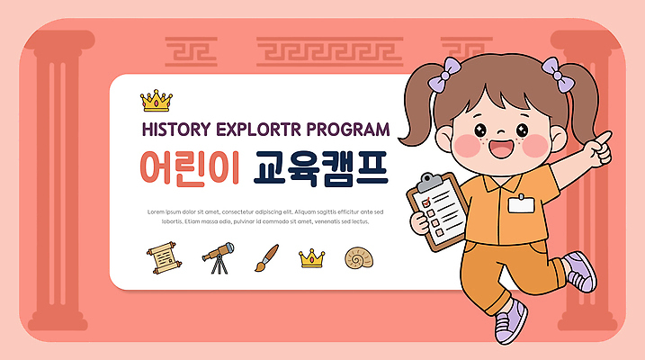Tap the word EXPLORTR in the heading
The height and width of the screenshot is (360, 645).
(x=261, y=129)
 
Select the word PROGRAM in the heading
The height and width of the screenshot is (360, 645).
(x=349, y=129)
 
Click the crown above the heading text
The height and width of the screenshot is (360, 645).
(x=157, y=98)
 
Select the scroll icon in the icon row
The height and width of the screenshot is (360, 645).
(x=164, y=258)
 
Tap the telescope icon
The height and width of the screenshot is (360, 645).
(x=218, y=258)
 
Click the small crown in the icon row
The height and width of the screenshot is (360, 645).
(x=311, y=259)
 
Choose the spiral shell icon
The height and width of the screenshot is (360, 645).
(x=358, y=259)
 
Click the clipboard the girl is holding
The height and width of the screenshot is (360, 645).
(x=438, y=207)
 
